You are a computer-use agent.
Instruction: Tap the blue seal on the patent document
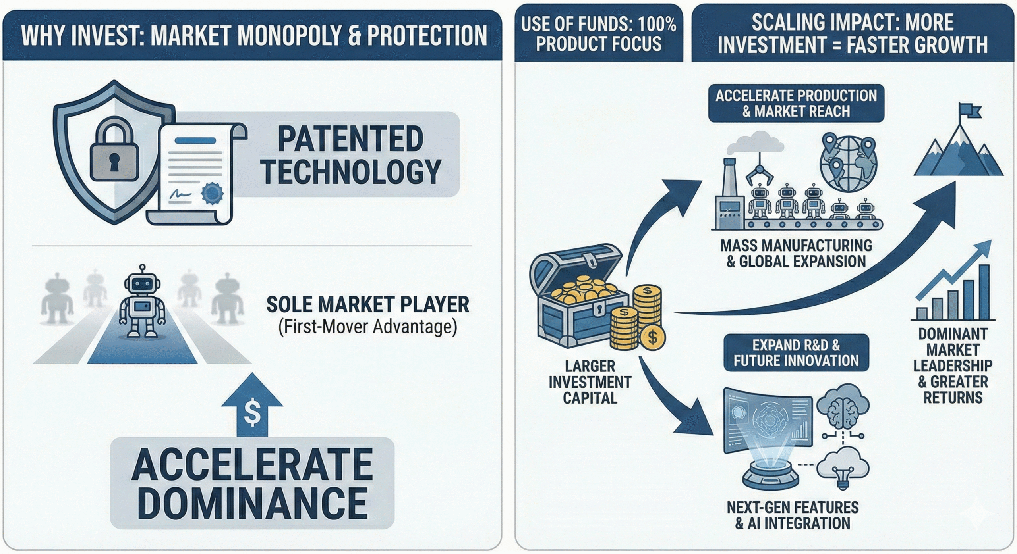pyautogui.click(x=212, y=193)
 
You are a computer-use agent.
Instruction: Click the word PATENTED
pyautogui.click(x=350, y=138)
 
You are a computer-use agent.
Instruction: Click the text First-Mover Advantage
pyautogui.click(x=367, y=327)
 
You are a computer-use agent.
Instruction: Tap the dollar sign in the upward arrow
pyautogui.click(x=252, y=413)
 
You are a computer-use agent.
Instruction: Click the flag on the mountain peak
pyautogui.click(x=969, y=111)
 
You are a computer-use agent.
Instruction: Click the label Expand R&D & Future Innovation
pyautogui.click(x=796, y=352)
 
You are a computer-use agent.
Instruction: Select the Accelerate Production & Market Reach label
pyautogui.click(x=796, y=103)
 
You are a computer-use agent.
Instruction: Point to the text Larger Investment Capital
pyautogui.click(x=590, y=382)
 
